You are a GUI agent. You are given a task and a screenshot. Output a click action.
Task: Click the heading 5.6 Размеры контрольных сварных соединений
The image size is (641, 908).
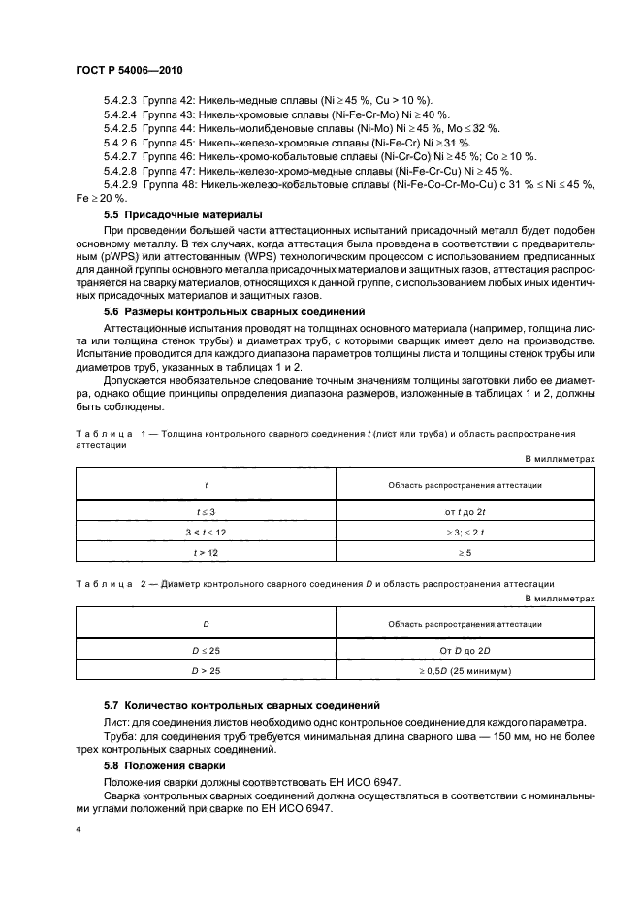click(234, 312)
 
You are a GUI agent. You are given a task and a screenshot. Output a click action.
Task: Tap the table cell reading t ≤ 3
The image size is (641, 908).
click(205, 510)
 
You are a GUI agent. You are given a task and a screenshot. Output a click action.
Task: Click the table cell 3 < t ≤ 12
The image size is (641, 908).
click(205, 532)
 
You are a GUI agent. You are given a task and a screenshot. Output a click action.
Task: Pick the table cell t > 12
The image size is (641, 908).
click(205, 552)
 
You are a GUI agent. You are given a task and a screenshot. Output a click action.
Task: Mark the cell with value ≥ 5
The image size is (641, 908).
click(465, 552)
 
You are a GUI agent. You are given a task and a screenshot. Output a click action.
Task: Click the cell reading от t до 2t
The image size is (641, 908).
click(465, 510)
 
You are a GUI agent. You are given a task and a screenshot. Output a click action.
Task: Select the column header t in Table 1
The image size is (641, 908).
click(205, 483)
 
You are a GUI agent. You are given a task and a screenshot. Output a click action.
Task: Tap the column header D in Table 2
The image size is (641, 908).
click(205, 625)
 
